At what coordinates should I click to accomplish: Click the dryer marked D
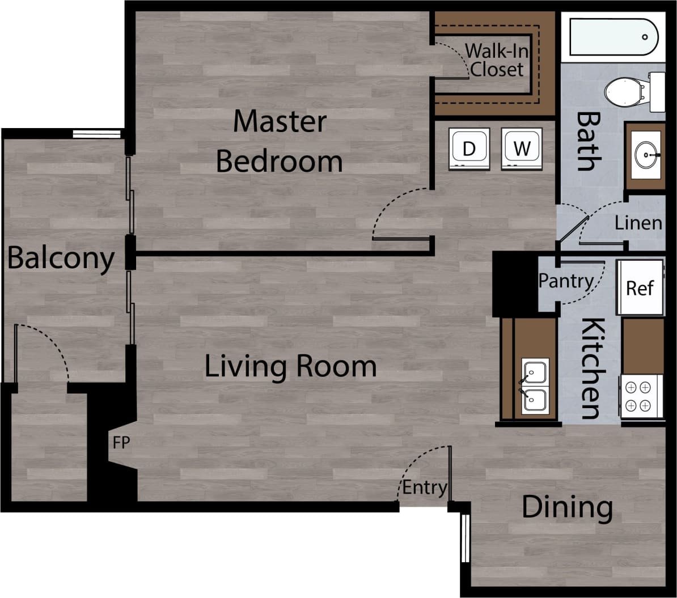(x=468, y=149)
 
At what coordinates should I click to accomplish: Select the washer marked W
(x=522, y=149)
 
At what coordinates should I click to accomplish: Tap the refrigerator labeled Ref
(x=640, y=287)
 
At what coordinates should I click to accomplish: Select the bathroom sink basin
(x=646, y=155)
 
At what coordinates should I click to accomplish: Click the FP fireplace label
(x=121, y=443)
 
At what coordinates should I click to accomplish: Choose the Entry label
(x=425, y=487)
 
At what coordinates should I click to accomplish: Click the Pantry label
(x=565, y=281)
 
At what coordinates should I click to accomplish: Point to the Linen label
(x=638, y=223)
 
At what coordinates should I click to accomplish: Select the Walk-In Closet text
(x=497, y=60)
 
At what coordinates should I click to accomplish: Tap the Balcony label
(x=61, y=258)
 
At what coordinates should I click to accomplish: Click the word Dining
(x=567, y=507)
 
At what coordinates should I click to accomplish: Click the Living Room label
(x=290, y=366)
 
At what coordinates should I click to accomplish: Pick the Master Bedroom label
(x=280, y=142)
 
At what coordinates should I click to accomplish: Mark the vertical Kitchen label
(x=591, y=368)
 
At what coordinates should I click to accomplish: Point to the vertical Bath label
(x=588, y=141)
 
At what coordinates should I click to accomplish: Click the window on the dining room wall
(x=465, y=538)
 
